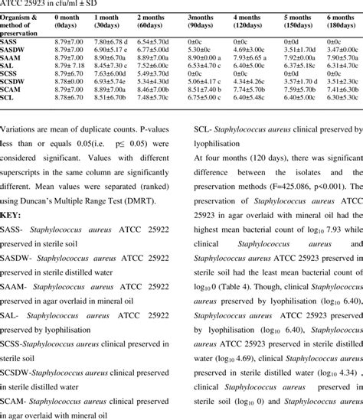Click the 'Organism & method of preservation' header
(22, 21)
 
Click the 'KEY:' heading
(12, 217)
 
